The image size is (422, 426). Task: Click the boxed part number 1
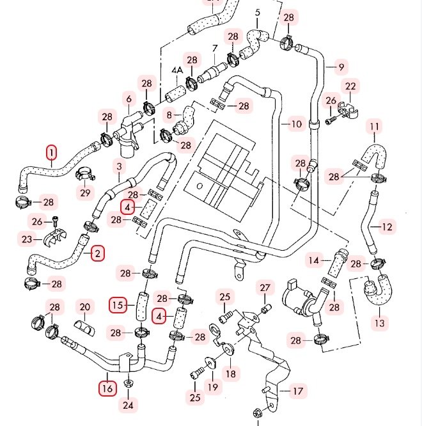click(x=51, y=152)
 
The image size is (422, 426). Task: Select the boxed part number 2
click(x=97, y=254)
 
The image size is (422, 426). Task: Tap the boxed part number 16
click(x=107, y=388)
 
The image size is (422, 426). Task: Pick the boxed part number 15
click(x=117, y=305)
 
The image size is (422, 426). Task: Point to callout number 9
click(x=341, y=67)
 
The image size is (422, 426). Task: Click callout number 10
click(x=295, y=123)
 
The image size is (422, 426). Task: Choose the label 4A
click(x=177, y=69)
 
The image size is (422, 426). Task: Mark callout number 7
click(x=215, y=48)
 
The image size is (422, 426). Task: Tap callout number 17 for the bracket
click(x=298, y=391)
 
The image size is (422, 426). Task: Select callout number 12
click(x=387, y=226)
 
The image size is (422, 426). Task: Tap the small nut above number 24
click(x=128, y=383)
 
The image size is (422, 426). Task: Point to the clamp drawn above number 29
click(x=84, y=173)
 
